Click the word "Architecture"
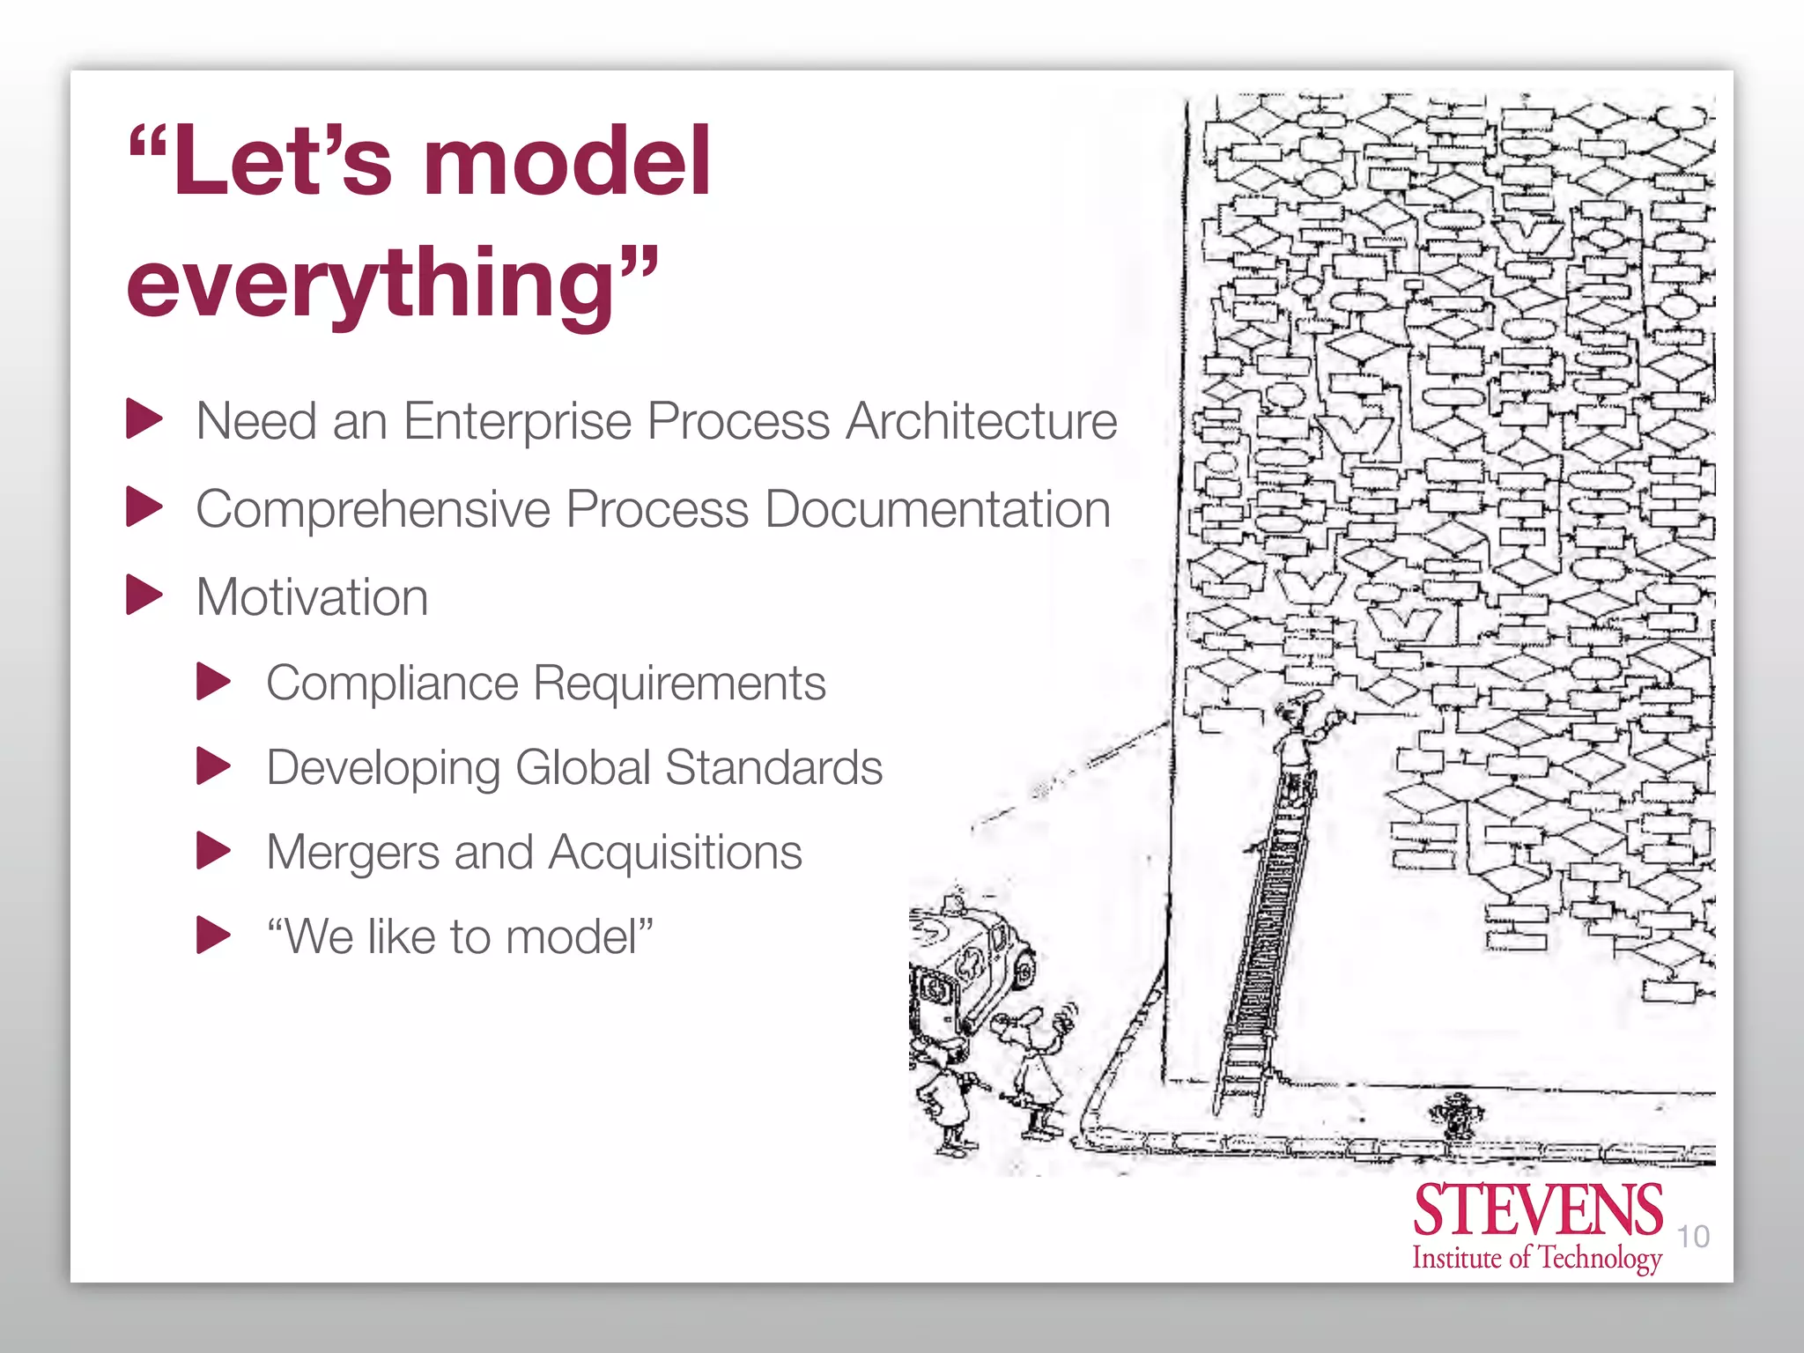click(x=981, y=421)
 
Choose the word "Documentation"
click(x=937, y=509)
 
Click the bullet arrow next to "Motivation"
click(x=144, y=595)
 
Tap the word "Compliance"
click(x=393, y=684)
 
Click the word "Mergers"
click(x=352, y=853)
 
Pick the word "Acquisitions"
click(x=675, y=853)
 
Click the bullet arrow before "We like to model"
click(x=213, y=935)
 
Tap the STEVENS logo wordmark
click(x=1537, y=1211)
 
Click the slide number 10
click(x=1693, y=1237)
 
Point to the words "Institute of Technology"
click(x=1537, y=1258)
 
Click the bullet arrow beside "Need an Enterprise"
click(x=144, y=418)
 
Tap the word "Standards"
click(x=773, y=767)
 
